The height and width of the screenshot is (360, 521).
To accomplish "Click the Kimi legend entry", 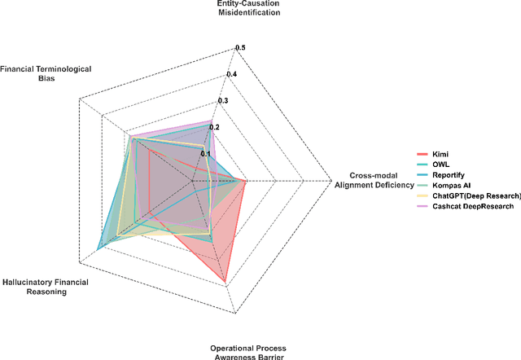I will tap(440, 154).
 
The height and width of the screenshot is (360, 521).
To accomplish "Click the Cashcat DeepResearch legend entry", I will tap(468, 207).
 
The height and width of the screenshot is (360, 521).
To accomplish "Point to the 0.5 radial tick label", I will tap(240, 48).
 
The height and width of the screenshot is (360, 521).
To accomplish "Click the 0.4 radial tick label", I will tap(232, 75).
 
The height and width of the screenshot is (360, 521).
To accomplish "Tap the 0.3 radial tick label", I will tap(223, 101).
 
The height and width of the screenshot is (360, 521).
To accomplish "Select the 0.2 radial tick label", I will tap(215, 127).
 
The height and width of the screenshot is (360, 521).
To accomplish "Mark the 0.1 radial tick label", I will tap(206, 153).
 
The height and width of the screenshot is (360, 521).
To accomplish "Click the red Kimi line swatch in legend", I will tap(421, 154).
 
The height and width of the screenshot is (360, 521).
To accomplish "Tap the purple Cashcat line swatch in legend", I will tap(421, 207).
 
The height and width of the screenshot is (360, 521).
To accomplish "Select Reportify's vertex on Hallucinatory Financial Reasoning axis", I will tap(99, 248).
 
